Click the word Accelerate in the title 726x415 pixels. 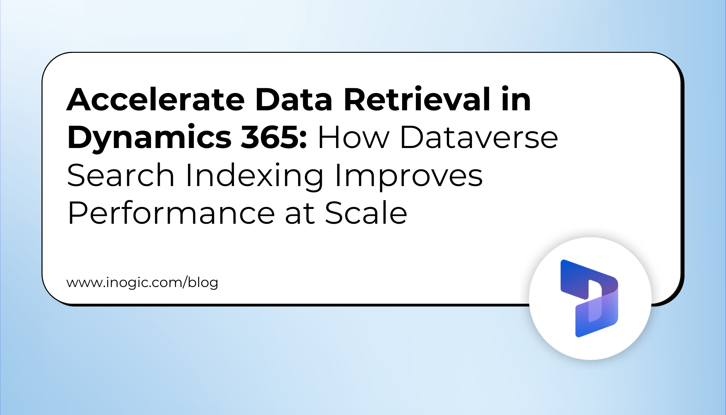click(156, 100)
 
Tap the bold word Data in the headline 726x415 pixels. click(294, 100)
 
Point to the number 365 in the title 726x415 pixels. click(270, 138)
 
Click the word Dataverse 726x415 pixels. click(479, 138)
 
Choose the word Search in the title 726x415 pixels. click(121, 176)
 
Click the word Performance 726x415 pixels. click(171, 213)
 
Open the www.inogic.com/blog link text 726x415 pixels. click(142, 283)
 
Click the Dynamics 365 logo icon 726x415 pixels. click(590, 298)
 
